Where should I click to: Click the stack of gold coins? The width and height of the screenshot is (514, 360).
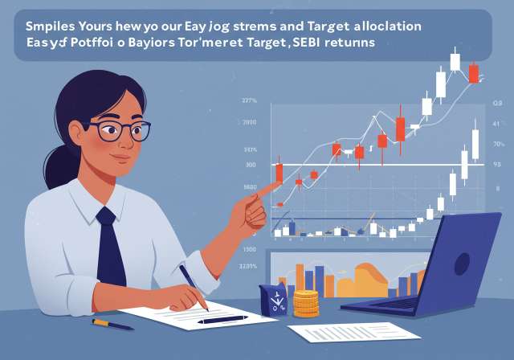pyautogui.click(x=305, y=303)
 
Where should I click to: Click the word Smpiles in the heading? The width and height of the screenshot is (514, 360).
pyautogui.click(x=53, y=25)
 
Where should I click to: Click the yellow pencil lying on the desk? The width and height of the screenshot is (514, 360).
pyautogui.click(x=112, y=323)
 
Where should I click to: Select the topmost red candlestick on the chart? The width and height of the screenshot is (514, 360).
pyautogui.click(x=474, y=73)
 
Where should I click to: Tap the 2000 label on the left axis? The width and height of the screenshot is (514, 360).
pyautogui.click(x=250, y=123)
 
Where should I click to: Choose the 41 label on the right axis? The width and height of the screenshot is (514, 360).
pyautogui.click(x=496, y=124)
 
